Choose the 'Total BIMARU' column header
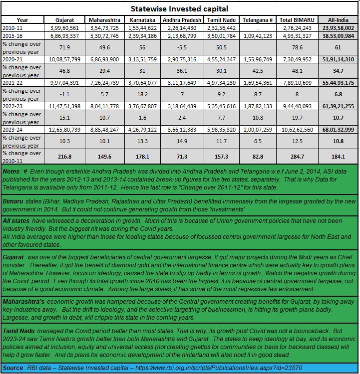tap(297, 19)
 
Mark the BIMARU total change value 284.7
tap(297, 156)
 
